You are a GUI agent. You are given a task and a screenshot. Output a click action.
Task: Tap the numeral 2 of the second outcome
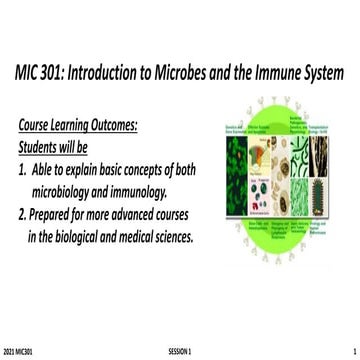click(x=23, y=216)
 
